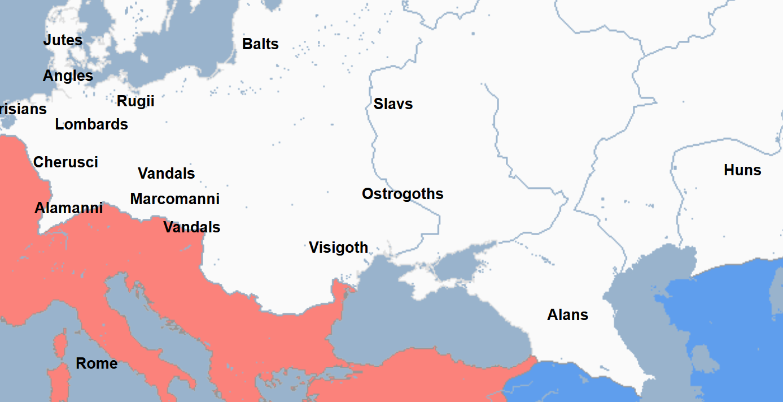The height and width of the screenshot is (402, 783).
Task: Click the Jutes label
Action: tap(63, 41)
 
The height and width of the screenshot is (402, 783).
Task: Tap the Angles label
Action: tap(68, 76)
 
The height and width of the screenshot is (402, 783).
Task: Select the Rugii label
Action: tap(135, 101)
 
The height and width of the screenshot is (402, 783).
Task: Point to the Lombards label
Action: tap(91, 124)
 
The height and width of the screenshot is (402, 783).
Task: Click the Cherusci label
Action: tap(65, 162)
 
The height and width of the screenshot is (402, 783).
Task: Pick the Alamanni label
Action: tap(69, 208)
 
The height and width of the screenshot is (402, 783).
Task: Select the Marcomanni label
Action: tap(175, 199)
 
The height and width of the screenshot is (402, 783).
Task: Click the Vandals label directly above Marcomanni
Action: tap(167, 174)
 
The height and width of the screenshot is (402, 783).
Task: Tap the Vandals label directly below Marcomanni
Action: tap(192, 227)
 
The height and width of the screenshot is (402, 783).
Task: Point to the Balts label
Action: tap(260, 44)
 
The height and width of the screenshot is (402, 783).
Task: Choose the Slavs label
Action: tap(393, 104)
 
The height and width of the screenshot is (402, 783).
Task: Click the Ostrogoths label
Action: tap(403, 194)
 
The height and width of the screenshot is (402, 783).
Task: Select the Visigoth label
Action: tap(338, 248)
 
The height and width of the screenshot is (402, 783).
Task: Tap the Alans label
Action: tap(567, 315)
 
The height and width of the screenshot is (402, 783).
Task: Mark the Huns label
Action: tap(742, 170)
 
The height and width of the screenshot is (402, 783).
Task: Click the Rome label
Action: tap(97, 364)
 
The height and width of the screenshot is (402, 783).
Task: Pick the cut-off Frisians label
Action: tap(23, 109)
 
